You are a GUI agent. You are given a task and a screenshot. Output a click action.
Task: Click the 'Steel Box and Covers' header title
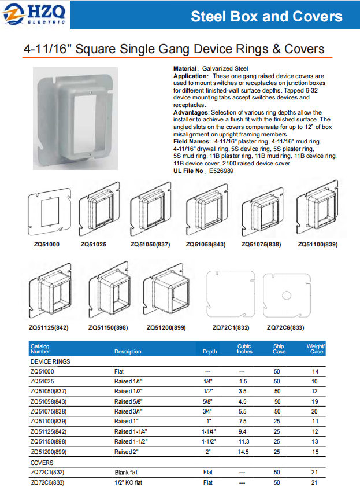coord(266,16)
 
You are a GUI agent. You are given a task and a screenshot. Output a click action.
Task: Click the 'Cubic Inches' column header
coord(244,349)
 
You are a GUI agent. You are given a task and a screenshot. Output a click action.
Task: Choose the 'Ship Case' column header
coord(279,349)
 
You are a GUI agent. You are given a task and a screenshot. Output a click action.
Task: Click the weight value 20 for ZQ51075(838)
coord(315,411)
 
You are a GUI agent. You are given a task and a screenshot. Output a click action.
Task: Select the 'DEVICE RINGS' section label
coord(50,361)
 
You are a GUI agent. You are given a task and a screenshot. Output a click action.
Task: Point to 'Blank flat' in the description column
coord(127,473)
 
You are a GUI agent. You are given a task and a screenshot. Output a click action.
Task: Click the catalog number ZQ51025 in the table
coord(42,381)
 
